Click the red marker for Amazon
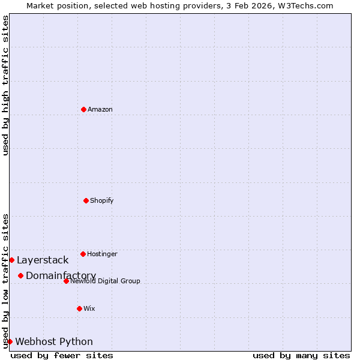(83, 109)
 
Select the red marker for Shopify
(86, 200)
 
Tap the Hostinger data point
(83, 254)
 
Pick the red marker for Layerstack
(11, 260)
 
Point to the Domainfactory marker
(20, 275)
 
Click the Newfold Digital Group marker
(66, 281)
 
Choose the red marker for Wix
(79, 308)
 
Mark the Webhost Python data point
(10, 341)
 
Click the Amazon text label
(100, 109)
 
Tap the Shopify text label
(102, 200)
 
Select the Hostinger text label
(102, 254)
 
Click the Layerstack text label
(43, 260)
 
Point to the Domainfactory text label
(61, 275)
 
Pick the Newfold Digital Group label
(105, 281)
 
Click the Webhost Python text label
(54, 341)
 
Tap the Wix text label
(89, 308)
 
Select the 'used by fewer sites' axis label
(62, 355)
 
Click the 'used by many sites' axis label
(301, 355)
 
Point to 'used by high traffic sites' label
(5, 85)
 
